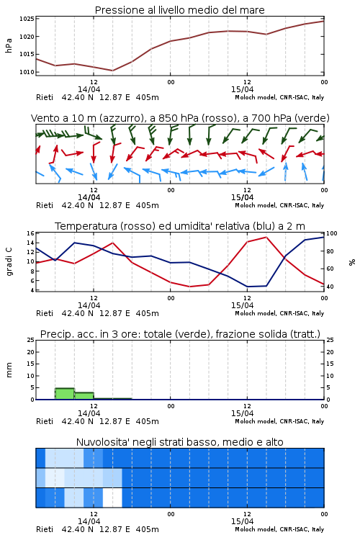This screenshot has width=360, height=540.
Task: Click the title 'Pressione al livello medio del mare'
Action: [x=179, y=10]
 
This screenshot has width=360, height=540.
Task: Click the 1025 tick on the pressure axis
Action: [x=27, y=19]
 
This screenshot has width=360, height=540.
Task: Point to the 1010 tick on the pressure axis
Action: [x=27, y=72]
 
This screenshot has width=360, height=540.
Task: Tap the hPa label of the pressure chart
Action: [x=9, y=45]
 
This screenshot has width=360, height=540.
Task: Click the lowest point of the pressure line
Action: [x=112, y=71]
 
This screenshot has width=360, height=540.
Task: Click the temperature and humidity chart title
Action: [x=180, y=226]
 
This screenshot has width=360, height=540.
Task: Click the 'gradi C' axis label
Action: [x=9, y=262]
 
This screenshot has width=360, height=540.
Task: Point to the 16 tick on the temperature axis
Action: [x=31, y=233]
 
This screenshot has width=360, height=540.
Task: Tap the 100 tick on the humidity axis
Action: [x=332, y=233]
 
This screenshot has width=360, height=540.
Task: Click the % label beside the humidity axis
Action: [x=352, y=262]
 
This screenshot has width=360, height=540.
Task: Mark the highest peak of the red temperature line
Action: [x=266, y=237]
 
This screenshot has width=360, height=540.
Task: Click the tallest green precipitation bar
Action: [x=65, y=394]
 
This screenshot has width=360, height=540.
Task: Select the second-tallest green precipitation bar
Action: [x=84, y=396]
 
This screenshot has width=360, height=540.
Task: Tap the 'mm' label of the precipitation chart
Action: [x=9, y=370]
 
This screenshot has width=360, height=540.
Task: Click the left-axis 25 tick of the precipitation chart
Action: [x=31, y=341]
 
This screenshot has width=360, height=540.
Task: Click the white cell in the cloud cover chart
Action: [x=112, y=498]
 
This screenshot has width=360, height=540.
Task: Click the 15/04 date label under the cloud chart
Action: [x=242, y=521]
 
